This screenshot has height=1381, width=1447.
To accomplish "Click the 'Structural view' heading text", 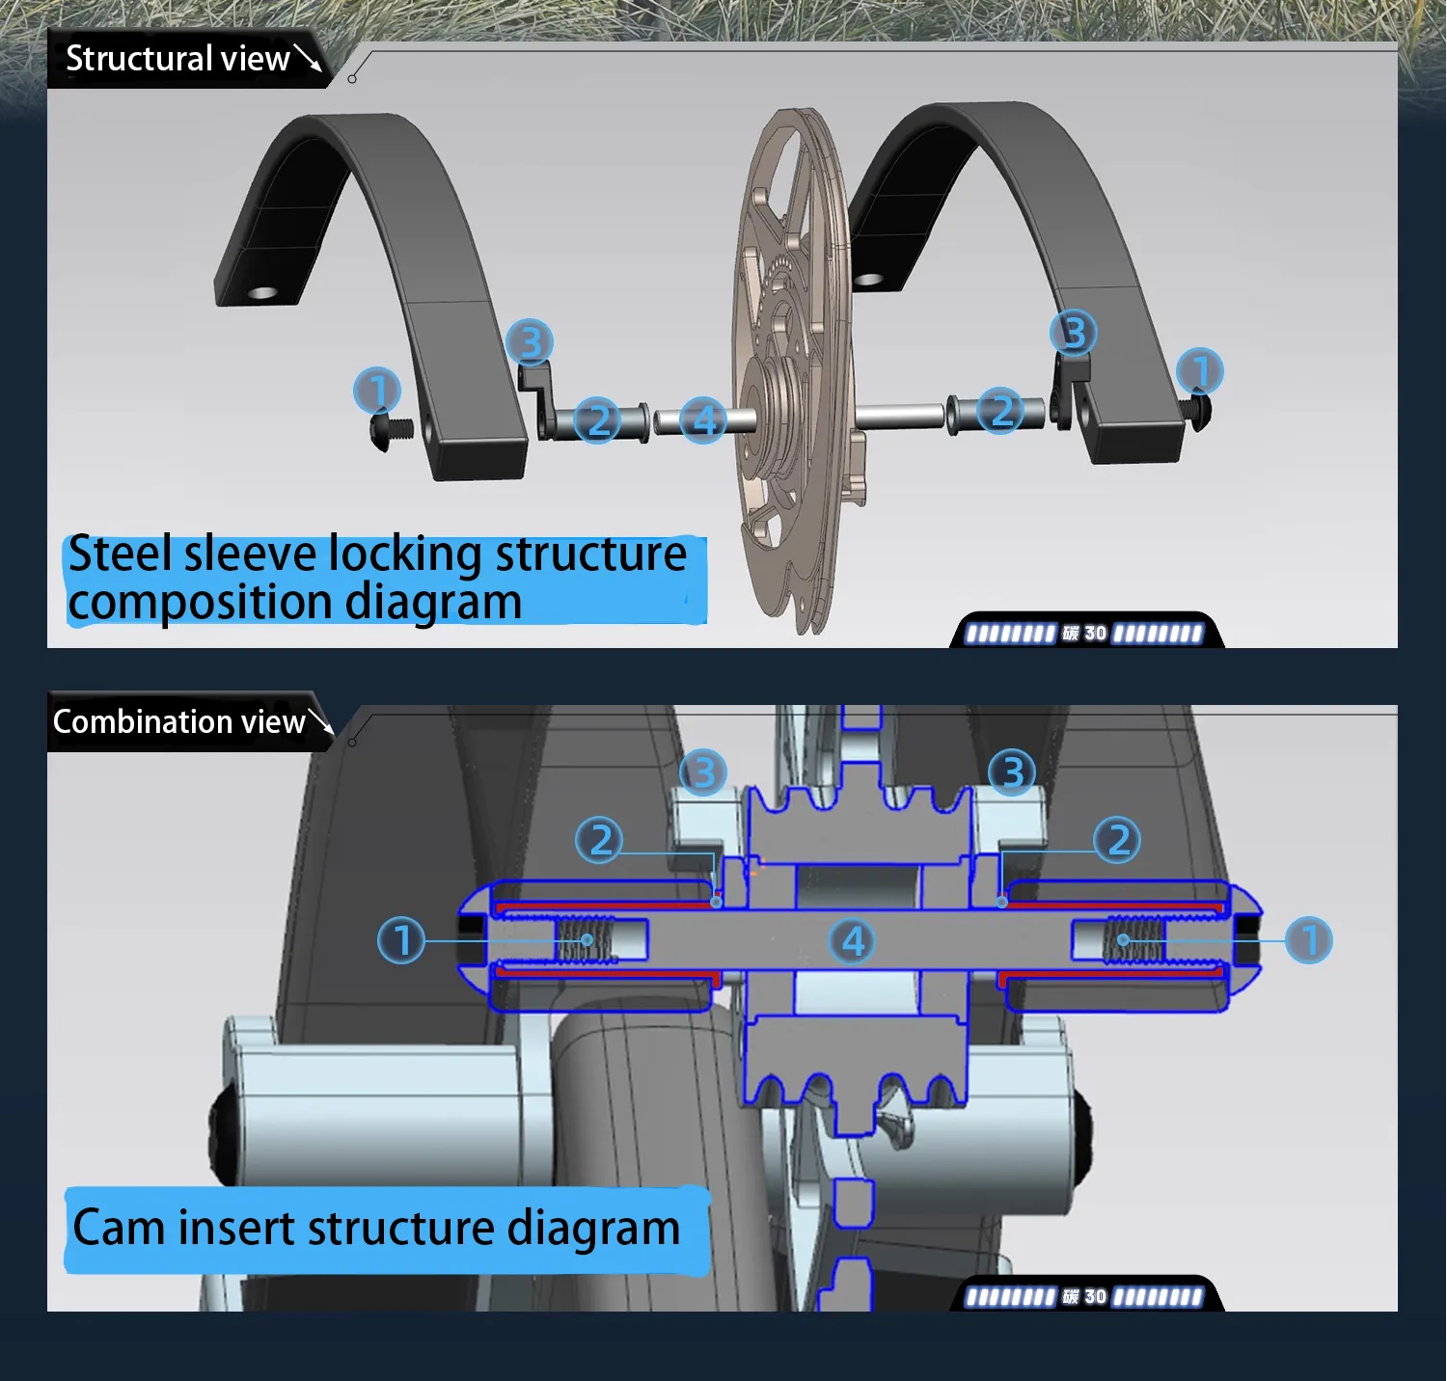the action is (177, 59).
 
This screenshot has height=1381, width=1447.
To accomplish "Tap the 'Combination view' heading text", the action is (179, 721).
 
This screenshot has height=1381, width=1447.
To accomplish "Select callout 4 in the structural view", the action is (703, 420).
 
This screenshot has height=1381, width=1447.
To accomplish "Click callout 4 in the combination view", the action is (853, 940).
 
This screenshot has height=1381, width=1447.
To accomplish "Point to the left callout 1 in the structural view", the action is (377, 391).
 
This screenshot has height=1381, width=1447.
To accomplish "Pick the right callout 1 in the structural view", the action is (1200, 370).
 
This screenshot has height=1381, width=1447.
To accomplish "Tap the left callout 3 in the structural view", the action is (530, 341).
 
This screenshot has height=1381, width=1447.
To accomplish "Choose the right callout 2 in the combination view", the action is (1117, 839).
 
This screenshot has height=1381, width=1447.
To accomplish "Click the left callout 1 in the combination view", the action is (401, 939).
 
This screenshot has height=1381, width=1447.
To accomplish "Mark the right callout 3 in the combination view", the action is (1012, 772).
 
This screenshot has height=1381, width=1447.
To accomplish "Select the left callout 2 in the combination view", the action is (599, 839).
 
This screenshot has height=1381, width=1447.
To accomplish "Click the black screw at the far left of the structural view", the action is (391, 430).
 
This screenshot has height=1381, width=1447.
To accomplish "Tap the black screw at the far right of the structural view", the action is (1199, 409).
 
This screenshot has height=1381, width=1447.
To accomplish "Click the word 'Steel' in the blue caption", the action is (121, 554).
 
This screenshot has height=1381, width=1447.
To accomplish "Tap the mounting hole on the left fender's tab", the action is (262, 292).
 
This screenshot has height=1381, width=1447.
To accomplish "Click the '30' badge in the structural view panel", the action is (1095, 633).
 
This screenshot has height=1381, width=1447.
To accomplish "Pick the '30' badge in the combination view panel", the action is (1095, 1296).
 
